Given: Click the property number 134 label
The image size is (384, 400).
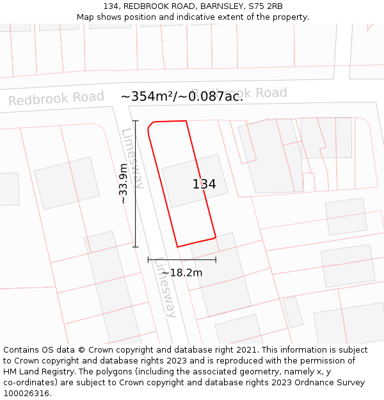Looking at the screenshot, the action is pyautogui.click(x=204, y=184).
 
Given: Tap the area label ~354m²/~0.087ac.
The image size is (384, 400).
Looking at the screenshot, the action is pyautogui.click(x=182, y=97).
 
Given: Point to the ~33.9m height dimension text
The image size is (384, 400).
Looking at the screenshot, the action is pyautogui.click(x=123, y=184).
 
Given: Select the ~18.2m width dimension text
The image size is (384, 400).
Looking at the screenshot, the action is pyautogui.click(x=182, y=273).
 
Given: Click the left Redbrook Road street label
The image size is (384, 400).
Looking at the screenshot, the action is pyautogui.click(x=56, y=99).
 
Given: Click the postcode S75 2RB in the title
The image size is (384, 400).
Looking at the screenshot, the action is pyautogui.click(x=266, y=6).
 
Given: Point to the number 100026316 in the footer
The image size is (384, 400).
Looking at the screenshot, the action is pyautogui.click(x=26, y=394).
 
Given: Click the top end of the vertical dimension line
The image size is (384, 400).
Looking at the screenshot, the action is pyautogui.click(x=135, y=120).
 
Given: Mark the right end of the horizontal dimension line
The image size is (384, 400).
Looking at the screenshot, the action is pyautogui.click(x=216, y=260).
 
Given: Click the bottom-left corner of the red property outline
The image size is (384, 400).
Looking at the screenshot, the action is pyautogui.click(x=177, y=246).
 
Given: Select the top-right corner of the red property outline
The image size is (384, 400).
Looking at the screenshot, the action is pyautogui.click(x=186, y=120).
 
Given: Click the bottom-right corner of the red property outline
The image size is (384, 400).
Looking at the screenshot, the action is pyautogui.click(x=215, y=237).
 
